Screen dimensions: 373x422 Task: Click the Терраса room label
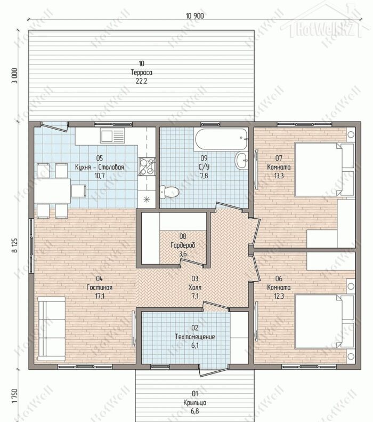[142, 73]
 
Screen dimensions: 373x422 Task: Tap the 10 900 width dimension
[195, 16]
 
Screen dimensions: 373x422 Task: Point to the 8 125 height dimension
[14, 245]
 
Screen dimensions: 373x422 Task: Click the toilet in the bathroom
[169, 192]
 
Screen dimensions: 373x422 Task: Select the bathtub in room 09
[221, 139]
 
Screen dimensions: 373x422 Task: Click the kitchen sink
[112, 136]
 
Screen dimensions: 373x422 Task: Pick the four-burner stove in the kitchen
[147, 166]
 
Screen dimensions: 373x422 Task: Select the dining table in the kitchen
[52, 191]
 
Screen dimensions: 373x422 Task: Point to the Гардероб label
[183, 245]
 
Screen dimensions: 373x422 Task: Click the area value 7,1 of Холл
[195, 296]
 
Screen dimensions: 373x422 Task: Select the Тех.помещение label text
[195, 337]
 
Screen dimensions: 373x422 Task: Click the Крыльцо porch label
[195, 403]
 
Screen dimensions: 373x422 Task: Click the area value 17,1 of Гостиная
[100, 296]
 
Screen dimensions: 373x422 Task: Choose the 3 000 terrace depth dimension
[14, 76]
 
